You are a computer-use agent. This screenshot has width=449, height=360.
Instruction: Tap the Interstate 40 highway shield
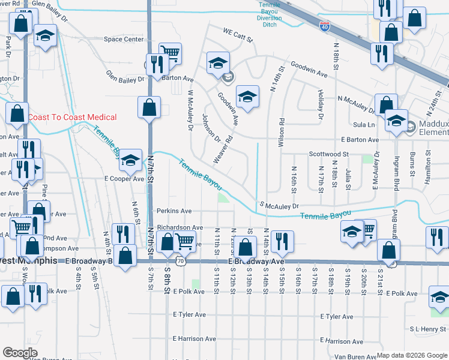[325, 27]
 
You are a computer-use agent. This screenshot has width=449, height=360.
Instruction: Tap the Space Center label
[124, 40]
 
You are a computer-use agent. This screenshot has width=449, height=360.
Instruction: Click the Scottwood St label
[329, 154]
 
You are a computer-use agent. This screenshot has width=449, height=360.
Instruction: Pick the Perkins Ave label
[173, 211]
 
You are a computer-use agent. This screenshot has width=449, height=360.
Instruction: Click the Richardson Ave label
[179, 228]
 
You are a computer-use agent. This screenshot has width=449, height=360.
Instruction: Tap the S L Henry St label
[428, 329]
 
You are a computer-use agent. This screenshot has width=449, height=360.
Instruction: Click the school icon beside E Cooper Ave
[130, 160]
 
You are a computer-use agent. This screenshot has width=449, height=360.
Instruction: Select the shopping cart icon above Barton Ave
[171, 53]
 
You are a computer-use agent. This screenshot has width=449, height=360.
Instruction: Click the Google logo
[20, 353]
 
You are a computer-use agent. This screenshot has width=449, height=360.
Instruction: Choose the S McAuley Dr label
[279, 206]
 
